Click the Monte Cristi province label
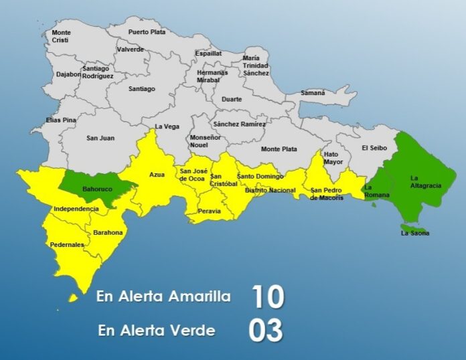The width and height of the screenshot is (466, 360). tap(61, 36)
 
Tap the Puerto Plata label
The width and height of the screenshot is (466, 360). tap(147, 31)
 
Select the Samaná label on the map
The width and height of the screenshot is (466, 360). tap(313, 92)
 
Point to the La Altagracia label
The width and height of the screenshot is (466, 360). tap(425, 181)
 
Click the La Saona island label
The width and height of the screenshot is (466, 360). tap(415, 233)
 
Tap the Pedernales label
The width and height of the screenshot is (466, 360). tap(67, 245)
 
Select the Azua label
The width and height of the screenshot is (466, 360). tap(157, 175)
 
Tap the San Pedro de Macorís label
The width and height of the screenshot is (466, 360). tap(327, 194)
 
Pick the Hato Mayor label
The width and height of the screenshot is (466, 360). tap(333, 157)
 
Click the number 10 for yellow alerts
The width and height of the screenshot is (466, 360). tap(267, 296)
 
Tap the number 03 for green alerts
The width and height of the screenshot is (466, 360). tap(266, 330)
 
